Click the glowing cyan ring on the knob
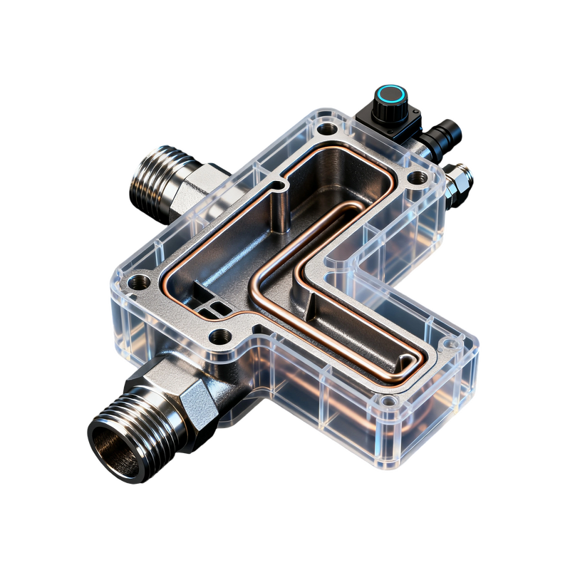(x=391, y=94)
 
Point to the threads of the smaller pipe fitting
(x=153, y=175)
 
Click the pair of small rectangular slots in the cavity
(x=213, y=309)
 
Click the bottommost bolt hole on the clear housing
(x=388, y=402)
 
